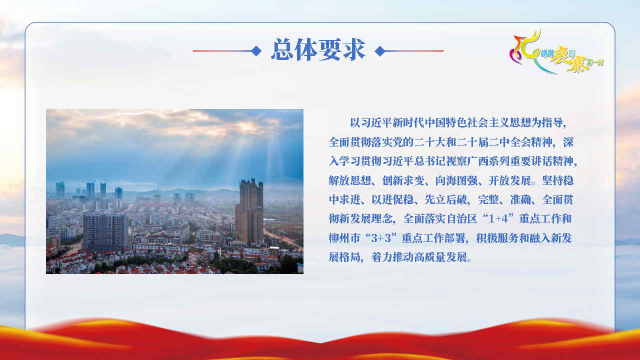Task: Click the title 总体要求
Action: pyautogui.click(x=318, y=49)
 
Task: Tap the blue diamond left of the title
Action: pyautogui.click(x=256, y=51)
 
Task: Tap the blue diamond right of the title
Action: pyautogui.click(x=379, y=51)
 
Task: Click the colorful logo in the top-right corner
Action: pyautogui.click(x=556, y=51)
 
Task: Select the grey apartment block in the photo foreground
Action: pyautogui.click(x=105, y=231)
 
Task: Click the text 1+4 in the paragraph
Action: pyautogui.click(x=498, y=219)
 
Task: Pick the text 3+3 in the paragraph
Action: pyautogui.click(x=381, y=238)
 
